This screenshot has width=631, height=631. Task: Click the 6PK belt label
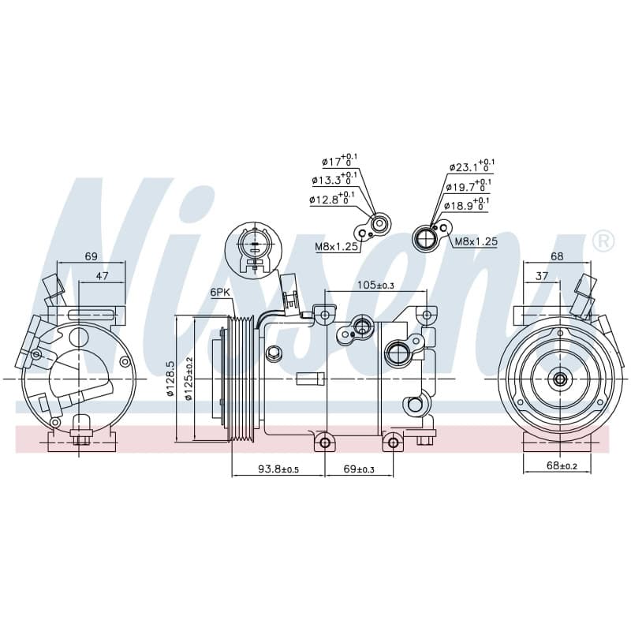pos(220,293)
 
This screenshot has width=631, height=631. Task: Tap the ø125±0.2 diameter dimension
pos(188,379)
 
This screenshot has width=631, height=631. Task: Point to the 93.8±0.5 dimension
pos(278,469)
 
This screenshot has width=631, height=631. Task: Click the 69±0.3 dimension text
pos(360,469)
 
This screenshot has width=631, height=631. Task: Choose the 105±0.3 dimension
pos(376,286)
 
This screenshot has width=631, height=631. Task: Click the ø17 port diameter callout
pos(340,161)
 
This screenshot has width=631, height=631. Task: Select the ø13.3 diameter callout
pos(334,179)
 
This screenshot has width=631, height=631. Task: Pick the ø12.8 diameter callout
pos(332,198)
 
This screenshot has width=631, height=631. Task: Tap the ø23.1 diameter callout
pos(472,166)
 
